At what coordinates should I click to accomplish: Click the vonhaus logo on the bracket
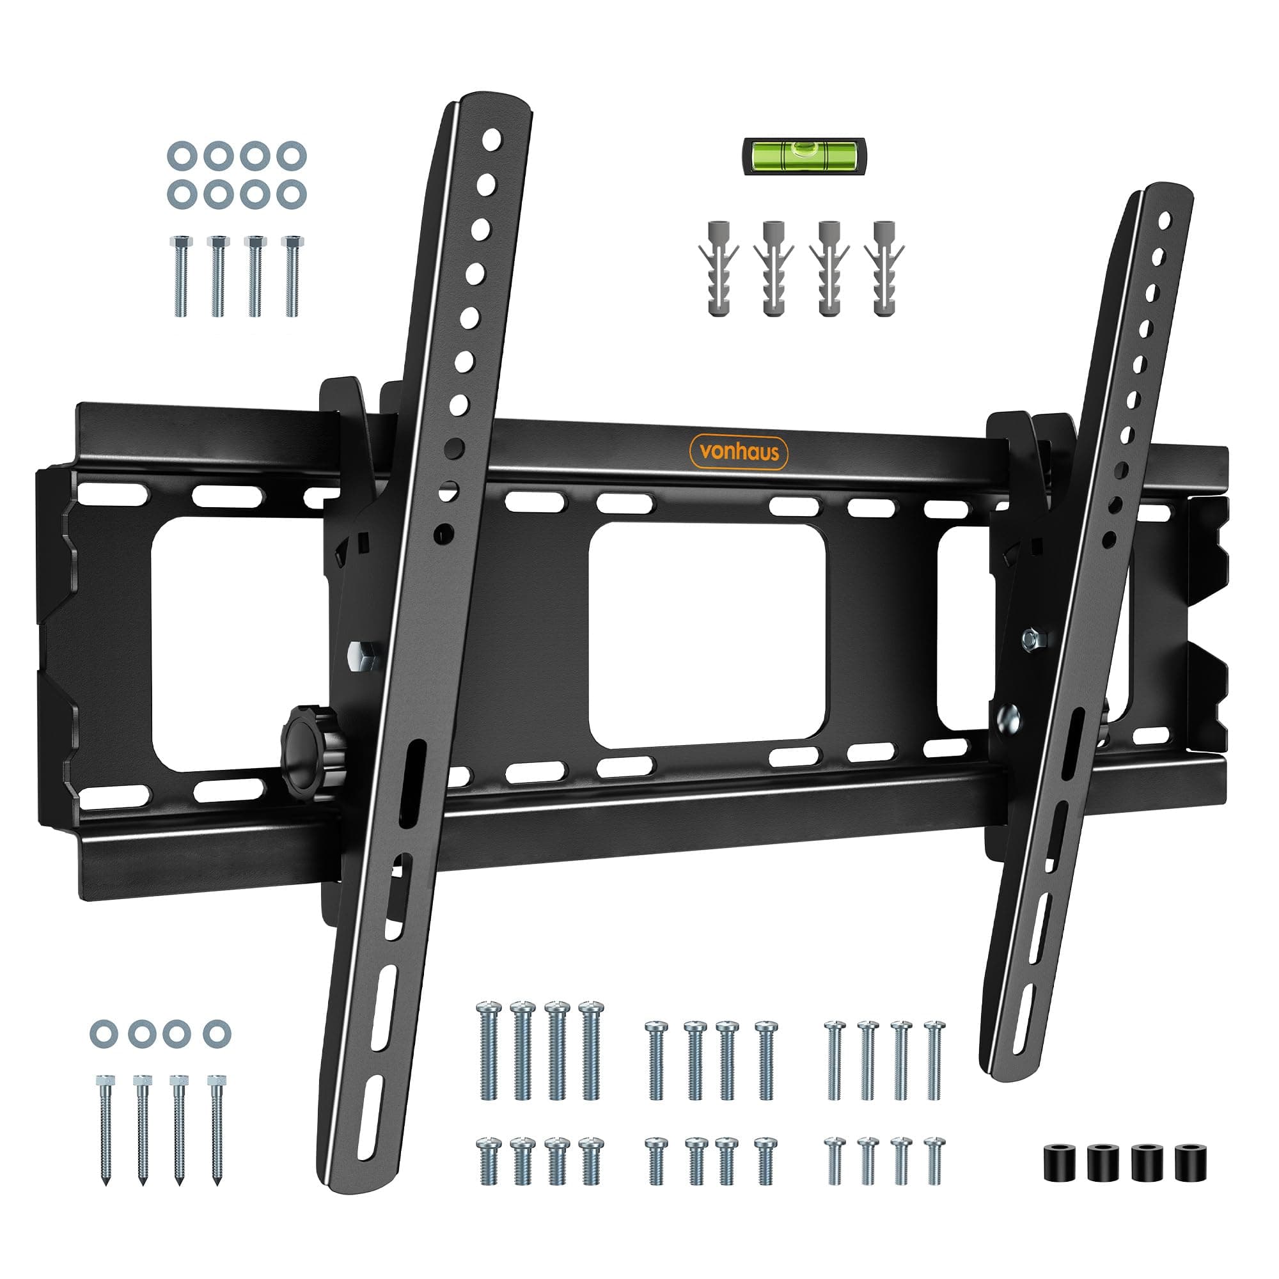(x=739, y=452)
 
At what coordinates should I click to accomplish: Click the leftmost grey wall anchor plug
(x=718, y=268)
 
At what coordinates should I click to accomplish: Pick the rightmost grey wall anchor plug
(x=884, y=268)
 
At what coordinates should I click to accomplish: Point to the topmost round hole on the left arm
(x=492, y=138)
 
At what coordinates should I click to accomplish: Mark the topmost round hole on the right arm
(x=1165, y=220)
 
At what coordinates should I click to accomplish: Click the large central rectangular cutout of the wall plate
(x=707, y=635)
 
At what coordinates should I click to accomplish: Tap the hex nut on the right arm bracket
(x=1030, y=639)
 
